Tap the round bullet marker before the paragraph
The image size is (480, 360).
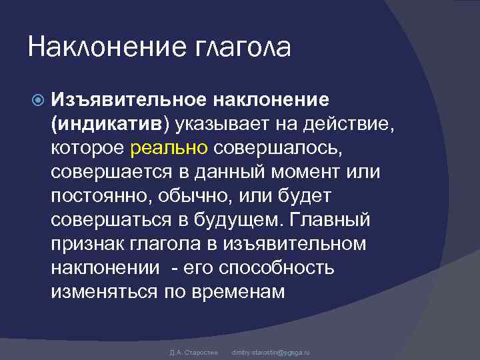pos(37,100)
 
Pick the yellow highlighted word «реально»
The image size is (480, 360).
pos(169,147)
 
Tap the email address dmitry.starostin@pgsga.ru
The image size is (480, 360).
pos(270,351)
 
